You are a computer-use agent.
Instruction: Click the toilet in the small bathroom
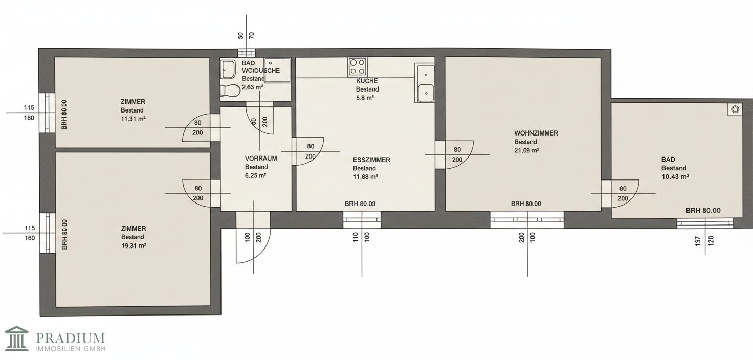[231, 91]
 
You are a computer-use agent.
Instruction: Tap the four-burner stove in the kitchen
[358, 66]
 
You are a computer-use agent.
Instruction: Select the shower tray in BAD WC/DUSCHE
[277, 70]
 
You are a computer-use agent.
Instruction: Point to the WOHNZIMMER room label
[536, 133]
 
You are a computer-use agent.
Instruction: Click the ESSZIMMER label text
[371, 160]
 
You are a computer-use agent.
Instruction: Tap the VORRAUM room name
[261, 159]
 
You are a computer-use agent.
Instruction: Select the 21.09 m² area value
[527, 150]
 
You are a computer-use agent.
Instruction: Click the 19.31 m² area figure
[134, 246]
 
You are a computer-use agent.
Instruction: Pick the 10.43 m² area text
[675, 176]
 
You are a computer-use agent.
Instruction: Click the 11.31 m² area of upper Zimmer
[133, 119]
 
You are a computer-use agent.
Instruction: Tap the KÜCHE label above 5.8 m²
[367, 81]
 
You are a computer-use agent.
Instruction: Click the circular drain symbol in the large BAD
[735, 109]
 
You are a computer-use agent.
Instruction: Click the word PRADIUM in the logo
[70, 337]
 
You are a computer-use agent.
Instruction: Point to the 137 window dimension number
[698, 241]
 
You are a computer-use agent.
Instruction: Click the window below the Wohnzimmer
[527, 220]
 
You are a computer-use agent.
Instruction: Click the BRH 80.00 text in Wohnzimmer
[526, 204]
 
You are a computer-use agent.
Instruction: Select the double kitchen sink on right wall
[425, 83]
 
